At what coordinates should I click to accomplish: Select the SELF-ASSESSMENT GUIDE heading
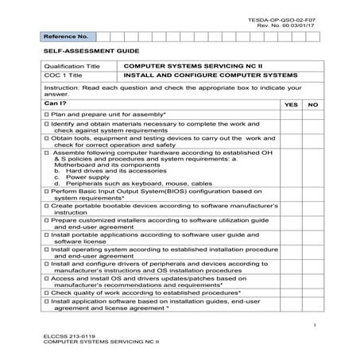click(84, 51)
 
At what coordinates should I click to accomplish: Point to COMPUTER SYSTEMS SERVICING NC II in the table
click(181, 68)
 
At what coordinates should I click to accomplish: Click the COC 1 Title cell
click(64, 77)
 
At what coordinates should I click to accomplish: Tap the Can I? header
click(56, 104)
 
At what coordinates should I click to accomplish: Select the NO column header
click(312, 105)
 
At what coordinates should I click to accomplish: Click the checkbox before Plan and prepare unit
click(48, 116)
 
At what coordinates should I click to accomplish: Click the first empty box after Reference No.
click(104, 37)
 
